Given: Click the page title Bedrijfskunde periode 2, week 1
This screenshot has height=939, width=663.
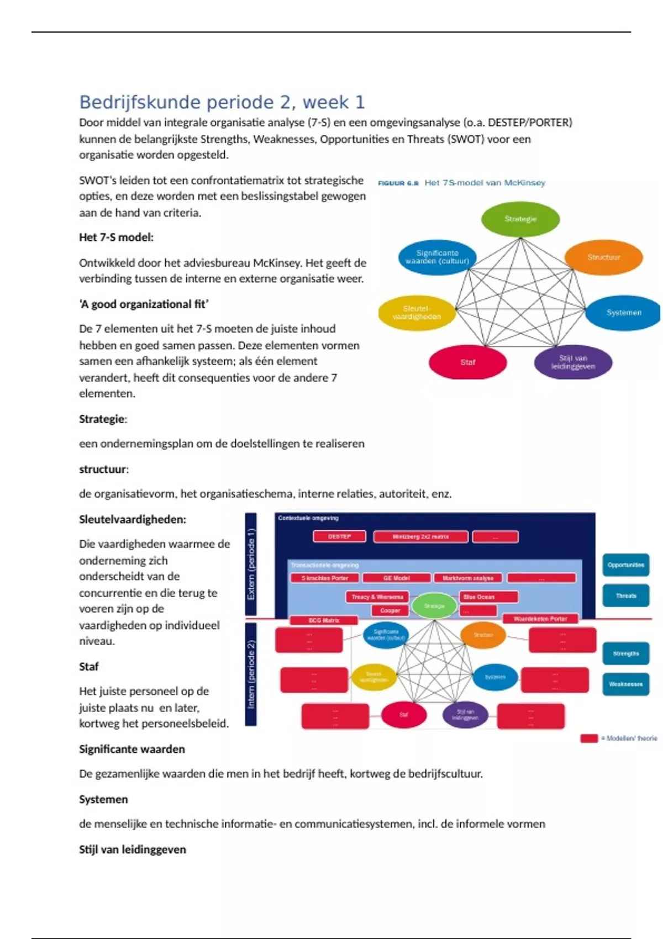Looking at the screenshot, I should pyautogui.click(x=222, y=102).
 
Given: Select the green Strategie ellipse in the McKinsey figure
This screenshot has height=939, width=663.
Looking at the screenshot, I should pyautogui.click(x=520, y=219).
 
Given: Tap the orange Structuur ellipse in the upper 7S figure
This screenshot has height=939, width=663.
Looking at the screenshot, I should pyautogui.click(x=603, y=257).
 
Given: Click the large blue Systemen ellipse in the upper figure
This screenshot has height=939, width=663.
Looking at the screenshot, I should pyautogui.click(x=623, y=313).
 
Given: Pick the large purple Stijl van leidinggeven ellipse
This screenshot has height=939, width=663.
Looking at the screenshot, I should pyautogui.click(x=573, y=362).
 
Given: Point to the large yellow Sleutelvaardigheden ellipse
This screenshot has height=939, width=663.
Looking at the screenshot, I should pyautogui.click(x=417, y=313).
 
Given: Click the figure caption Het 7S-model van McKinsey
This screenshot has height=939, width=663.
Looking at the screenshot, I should pyautogui.click(x=485, y=183).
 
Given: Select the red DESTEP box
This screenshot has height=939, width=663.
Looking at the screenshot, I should pyautogui.click(x=339, y=536).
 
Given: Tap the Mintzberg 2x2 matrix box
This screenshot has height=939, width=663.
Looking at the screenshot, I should pyautogui.click(x=420, y=536).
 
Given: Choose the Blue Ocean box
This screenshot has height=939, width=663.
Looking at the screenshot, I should pyautogui.click(x=489, y=597).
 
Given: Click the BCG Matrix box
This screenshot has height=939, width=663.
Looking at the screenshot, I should pyautogui.click(x=323, y=620).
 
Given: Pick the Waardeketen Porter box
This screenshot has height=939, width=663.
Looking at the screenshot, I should pyautogui.click(x=540, y=619).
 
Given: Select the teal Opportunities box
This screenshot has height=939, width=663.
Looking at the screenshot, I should pyautogui.click(x=625, y=565).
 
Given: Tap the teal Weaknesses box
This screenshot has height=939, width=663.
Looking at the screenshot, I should pyautogui.click(x=625, y=684).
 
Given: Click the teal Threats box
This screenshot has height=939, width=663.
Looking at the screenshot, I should pyautogui.click(x=625, y=596).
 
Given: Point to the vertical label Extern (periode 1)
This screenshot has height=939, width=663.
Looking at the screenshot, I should pyautogui.click(x=251, y=564).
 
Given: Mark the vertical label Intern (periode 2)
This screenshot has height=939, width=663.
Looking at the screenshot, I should pyautogui.click(x=251, y=674).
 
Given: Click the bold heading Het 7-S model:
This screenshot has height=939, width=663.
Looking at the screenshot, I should pyautogui.click(x=116, y=238).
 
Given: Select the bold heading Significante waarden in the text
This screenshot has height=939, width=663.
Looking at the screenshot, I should pyautogui.click(x=132, y=749).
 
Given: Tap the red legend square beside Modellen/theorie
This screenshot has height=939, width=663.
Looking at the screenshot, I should pyautogui.click(x=589, y=738).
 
